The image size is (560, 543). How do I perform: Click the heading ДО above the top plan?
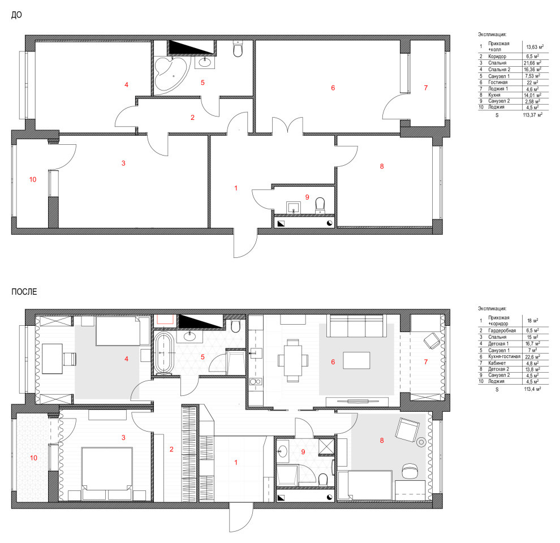coord(17,16)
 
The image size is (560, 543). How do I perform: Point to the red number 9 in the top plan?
coord(307,197)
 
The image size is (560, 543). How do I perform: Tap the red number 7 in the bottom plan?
coord(425,361)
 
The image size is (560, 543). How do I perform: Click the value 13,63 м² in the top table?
coord(535,47)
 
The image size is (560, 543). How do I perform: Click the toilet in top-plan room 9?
coord(321,204)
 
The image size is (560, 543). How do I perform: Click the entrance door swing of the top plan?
coord(244,242)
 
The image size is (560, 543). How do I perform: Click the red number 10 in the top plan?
coord(32,179)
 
